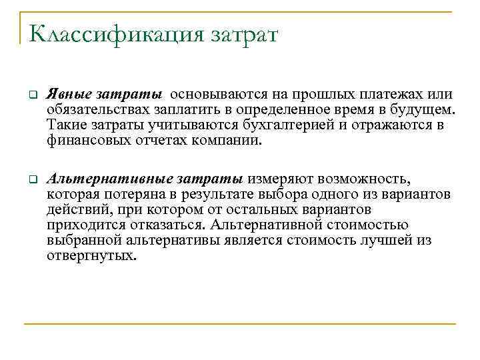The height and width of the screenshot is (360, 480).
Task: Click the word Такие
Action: click(x=65, y=125)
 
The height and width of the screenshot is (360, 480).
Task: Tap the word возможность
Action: click(x=366, y=179)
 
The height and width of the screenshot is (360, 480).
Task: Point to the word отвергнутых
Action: click(x=91, y=255)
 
